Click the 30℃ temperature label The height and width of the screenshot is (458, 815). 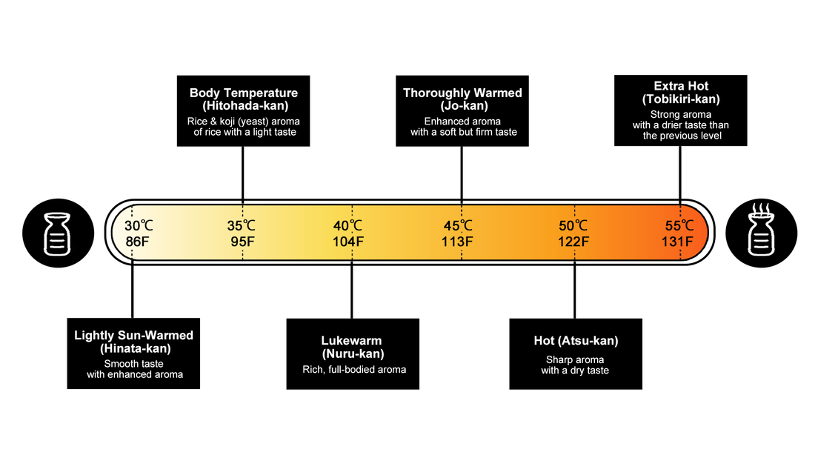(139, 226)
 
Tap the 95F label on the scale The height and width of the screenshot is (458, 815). (242, 241)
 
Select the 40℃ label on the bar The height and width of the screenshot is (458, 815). (347, 226)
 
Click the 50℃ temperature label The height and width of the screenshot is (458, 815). (573, 226)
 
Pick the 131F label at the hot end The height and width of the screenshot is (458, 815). (677, 241)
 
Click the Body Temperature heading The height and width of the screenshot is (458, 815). (244, 93)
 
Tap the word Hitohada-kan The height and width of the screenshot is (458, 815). (244, 105)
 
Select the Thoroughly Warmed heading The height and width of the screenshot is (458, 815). (462, 93)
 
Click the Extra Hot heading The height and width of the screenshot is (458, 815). (681, 87)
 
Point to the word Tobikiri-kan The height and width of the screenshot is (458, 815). (681, 99)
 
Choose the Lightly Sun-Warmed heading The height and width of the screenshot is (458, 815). (134, 335)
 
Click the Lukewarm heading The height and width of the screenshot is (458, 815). (352, 341)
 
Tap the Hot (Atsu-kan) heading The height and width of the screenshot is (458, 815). (576, 341)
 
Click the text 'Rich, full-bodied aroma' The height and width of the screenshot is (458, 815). (354, 369)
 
